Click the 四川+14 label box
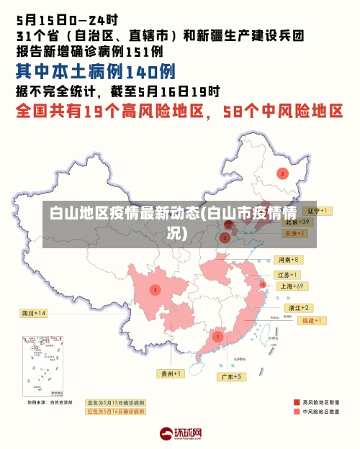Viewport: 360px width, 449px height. [34, 313]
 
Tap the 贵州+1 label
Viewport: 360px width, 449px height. [172, 373]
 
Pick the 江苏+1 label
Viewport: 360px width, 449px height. [289, 275]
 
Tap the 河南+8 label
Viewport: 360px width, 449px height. [289, 259]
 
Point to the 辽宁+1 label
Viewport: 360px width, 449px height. [317, 211]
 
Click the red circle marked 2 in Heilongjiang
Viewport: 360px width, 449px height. [282, 173]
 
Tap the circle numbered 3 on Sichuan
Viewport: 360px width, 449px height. [155, 290]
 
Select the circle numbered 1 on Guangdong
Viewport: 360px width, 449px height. [217, 336]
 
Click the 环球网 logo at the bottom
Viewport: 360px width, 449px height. [180, 434]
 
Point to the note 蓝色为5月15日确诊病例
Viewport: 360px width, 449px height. [115, 402]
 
